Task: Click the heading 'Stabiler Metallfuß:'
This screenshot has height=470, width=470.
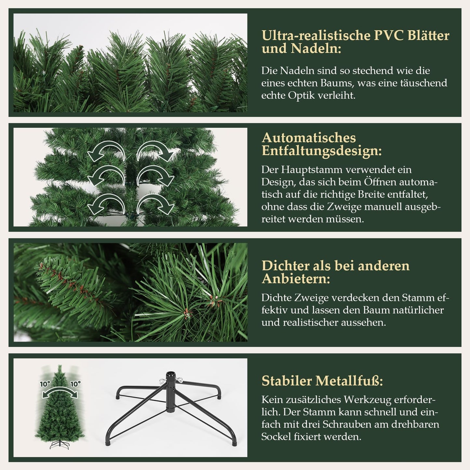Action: click(322, 381)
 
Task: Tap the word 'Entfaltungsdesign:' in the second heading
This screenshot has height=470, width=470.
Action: click(321, 151)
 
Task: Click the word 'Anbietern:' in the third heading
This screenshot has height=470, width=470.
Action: click(296, 279)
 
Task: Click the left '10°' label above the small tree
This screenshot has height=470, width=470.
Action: click(45, 384)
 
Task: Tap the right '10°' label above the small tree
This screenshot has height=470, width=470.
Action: click(75, 384)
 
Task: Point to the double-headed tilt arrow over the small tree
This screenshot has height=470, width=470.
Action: click(60, 392)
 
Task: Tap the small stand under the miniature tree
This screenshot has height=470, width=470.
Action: click(60, 445)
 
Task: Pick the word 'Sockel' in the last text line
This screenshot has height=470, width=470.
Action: click(276, 437)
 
